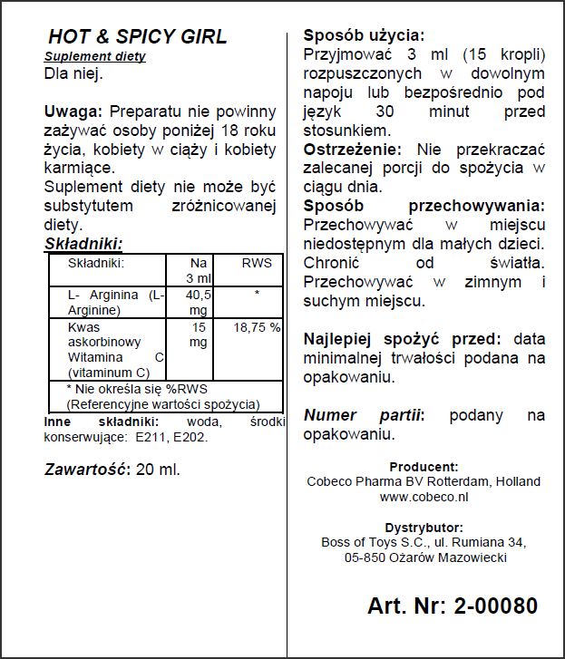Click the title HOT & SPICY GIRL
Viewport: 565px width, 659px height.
click(x=137, y=37)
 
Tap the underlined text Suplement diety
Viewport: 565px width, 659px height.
click(x=94, y=56)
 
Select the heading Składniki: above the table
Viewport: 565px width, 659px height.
click(x=83, y=243)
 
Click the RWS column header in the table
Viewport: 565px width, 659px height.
click(x=256, y=263)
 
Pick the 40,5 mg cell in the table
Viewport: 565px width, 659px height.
click(x=198, y=302)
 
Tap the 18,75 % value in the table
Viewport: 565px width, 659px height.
click(x=257, y=327)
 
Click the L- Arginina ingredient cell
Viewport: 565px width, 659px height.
click(x=115, y=302)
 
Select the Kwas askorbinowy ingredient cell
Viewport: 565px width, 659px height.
click(x=115, y=349)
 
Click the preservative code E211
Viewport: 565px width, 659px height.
click(x=150, y=437)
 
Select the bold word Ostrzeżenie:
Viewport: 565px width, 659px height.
click(x=356, y=150)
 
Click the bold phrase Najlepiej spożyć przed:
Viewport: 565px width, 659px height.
click(x=402, y=338)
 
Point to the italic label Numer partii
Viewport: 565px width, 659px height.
click(x=363, y=414)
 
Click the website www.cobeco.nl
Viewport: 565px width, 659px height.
click(x=424, y=497)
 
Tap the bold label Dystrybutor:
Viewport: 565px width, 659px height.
click(x=424, y=528)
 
